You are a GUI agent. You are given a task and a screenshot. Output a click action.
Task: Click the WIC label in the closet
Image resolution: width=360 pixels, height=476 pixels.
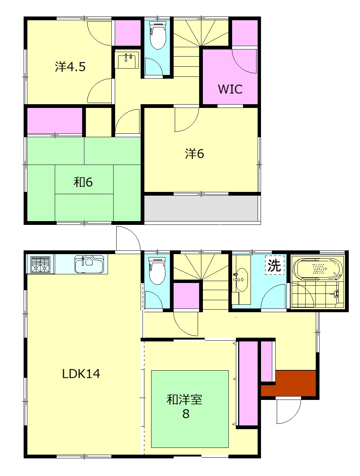click(230, 89)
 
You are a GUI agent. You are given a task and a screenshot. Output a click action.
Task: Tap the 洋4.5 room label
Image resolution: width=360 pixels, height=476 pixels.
click(70, 67)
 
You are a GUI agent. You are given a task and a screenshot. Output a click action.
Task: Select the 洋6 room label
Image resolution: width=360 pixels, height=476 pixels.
click(194, 154)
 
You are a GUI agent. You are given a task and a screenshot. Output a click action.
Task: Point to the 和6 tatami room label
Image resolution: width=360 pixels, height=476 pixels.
click(83, 182)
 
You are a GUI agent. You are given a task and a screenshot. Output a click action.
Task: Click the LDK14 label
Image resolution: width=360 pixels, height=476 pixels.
click(81, 374)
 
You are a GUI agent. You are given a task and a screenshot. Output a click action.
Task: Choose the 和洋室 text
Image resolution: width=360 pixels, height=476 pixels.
click(184, 400)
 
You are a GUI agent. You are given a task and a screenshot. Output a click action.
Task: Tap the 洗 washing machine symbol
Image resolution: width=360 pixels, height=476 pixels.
click(274, 265)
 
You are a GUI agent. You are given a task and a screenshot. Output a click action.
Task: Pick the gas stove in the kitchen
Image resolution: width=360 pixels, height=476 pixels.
click(40, 264)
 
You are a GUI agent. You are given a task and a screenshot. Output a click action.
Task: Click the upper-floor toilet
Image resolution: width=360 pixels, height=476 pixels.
click(157, 35)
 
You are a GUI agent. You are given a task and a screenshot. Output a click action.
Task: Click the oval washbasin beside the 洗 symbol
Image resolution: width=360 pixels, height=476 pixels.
click(241, 280)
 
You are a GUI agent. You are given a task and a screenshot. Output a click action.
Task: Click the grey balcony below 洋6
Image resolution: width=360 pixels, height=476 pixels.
click(201, 208)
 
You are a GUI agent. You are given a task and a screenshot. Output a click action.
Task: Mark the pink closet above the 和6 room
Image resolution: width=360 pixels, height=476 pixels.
click(55, 121)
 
